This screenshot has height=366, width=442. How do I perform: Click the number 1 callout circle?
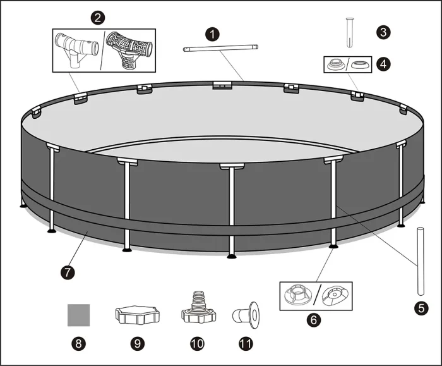click(x=212, y=34)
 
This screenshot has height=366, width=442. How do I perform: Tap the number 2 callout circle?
click(x=97, y=18)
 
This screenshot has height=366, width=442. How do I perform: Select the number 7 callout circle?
click(x=68, y=272)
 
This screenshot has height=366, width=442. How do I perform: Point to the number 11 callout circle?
click(x=246, y=344)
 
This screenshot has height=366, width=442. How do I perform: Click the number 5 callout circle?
click(x=421, y=308)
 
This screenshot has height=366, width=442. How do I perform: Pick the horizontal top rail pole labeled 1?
click(x=220, y=48)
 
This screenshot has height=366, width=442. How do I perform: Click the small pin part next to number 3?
click(x=350, y=32)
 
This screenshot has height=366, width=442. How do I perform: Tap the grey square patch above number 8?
click(x=79, y=315)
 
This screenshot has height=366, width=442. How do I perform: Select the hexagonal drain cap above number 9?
click(x=137, y=315)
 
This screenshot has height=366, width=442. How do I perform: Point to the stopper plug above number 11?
click(x=246, y=315)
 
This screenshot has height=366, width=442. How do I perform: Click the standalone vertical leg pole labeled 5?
click(x=421, y=261)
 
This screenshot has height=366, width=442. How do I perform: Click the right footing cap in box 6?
click(x=335, y=296)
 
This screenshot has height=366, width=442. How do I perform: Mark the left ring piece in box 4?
click(x=336, y=64)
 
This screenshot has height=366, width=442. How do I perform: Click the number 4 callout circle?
click(x=383, y=64)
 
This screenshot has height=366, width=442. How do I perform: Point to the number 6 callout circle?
click(x=314, y=320)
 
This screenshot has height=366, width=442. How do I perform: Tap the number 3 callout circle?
click(x=383, y=32)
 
